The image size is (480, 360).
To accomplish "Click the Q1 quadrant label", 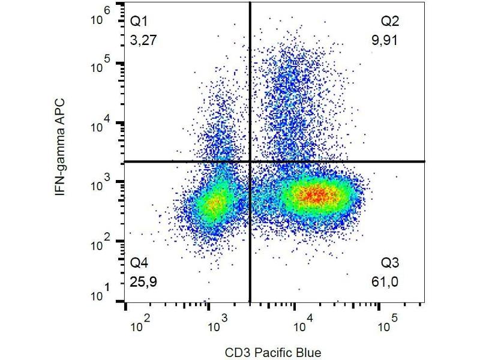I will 139,22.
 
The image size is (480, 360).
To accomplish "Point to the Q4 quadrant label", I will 139,263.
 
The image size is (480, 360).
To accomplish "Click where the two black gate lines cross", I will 250,161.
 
